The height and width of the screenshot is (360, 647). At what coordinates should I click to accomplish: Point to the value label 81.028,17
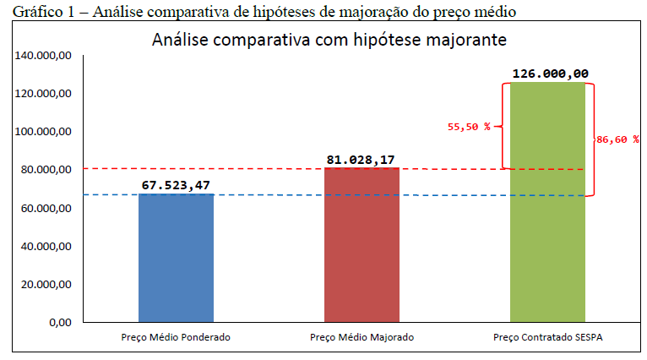pos(362,159)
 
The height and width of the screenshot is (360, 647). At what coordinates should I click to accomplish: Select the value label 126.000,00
pos(550,74)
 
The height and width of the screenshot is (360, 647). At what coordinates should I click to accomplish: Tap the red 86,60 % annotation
pos(617,139)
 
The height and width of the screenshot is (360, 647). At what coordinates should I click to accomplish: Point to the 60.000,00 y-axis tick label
pos(51,208)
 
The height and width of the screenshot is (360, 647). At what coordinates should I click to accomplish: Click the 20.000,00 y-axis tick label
pos(51,284)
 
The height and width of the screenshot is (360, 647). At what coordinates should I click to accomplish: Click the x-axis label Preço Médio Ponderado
pos(176,337)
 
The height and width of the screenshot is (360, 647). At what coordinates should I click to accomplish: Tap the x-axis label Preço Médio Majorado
pos(362,337)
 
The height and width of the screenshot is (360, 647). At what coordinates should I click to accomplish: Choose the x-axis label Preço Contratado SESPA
pos(548,337)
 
